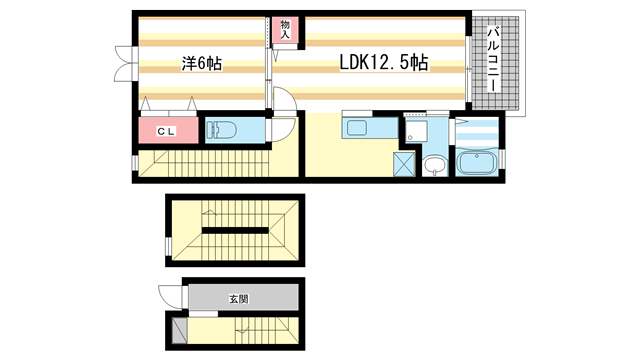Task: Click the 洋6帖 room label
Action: point(201,64)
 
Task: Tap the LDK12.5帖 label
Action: point(382,64)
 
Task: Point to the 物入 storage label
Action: point(285,28)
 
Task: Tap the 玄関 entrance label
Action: point(236,298)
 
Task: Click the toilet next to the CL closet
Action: point(222,130)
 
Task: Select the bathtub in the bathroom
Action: point(477,163)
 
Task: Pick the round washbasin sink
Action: point(433,165)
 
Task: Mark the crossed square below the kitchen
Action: point(405,163)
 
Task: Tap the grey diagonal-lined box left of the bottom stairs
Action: point(179,330)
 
